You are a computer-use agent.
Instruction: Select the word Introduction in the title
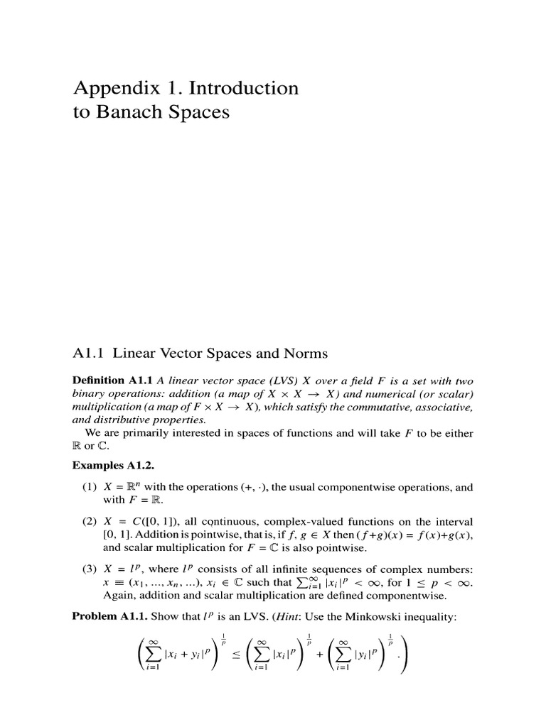(x=246, y=89)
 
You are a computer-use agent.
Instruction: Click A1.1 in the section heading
(x=89, y=353)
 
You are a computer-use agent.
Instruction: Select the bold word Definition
(x=100, y=381)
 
